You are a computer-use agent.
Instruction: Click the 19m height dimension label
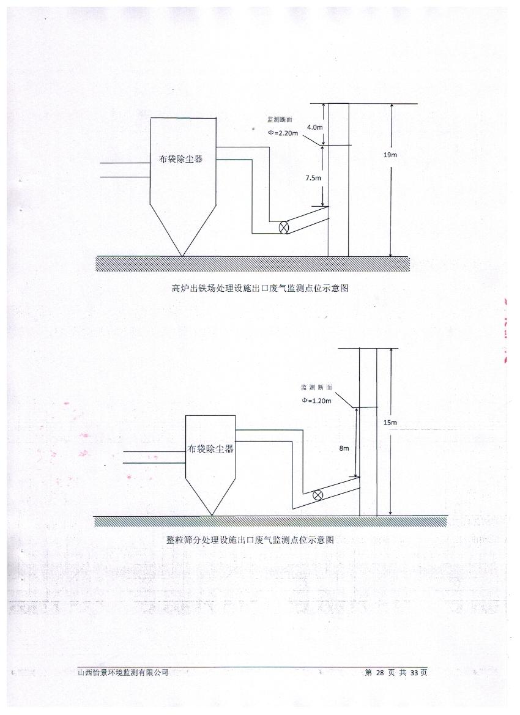(x=390, y=155)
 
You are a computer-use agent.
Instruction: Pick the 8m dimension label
(x=344, y=448)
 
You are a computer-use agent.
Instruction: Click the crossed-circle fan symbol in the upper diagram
(x=284, y=228)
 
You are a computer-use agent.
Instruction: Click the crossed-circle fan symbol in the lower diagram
(x=318, y=495)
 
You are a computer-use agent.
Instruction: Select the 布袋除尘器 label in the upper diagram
(x=180, y=160)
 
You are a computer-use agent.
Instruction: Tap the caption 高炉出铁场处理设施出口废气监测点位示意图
(x=260, y=288)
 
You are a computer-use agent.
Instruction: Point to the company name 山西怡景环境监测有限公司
(x=124, y=672)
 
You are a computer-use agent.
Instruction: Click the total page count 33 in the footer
(x=414, y=672)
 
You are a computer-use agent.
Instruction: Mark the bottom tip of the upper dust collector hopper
(x=182, y=256)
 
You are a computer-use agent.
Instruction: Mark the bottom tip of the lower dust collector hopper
(x=211, y=515)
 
